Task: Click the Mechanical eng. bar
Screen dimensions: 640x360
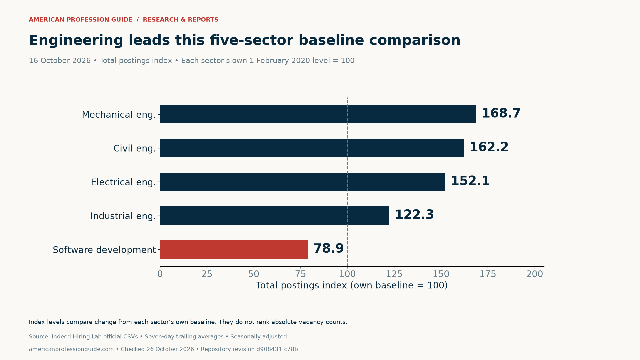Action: pos(318,114)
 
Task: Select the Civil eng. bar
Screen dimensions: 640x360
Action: pos(312,148)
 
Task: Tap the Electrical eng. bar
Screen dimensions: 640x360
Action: pos(302,182)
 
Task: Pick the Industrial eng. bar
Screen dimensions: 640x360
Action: pos(274,216)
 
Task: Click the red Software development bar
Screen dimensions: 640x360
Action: pos(234,249)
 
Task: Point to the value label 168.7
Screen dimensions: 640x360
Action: pos(501,113)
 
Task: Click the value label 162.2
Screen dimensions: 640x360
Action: pos(489,147)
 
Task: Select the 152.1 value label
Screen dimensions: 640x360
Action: pos(470,181)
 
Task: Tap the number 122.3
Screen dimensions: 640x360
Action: pos(414,215)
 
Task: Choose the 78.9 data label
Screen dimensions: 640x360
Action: pos(328,248)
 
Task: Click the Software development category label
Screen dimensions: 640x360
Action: pos(104,250)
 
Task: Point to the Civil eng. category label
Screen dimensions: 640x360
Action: pos(135,149)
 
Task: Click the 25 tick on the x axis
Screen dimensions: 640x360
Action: pos(207,274)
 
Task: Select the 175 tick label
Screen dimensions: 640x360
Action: pos(488,274)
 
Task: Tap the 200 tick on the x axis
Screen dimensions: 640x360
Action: pos(535,274)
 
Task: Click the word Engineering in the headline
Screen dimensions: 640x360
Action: pos(76,41)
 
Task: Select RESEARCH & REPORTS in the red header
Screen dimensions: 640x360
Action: pos(181,20)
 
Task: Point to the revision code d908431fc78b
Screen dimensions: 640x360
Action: pos(277,349)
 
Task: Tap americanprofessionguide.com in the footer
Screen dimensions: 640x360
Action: pos(71,349)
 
